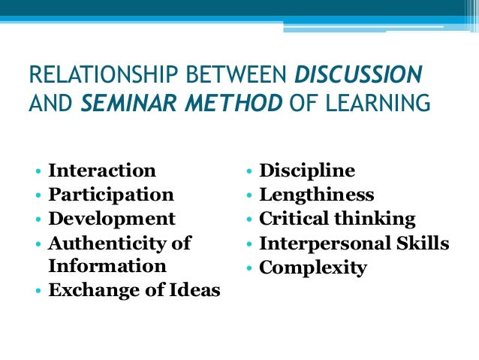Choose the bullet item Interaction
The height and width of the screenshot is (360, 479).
point(102,171)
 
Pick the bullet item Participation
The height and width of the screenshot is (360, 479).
point(111,195)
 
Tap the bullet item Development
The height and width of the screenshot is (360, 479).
point(112,219)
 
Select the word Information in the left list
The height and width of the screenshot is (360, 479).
point(107,266)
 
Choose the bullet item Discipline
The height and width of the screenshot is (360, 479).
point(307,171)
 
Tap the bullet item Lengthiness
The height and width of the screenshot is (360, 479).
point(316,195)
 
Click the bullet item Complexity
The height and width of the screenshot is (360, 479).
point(313,267)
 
